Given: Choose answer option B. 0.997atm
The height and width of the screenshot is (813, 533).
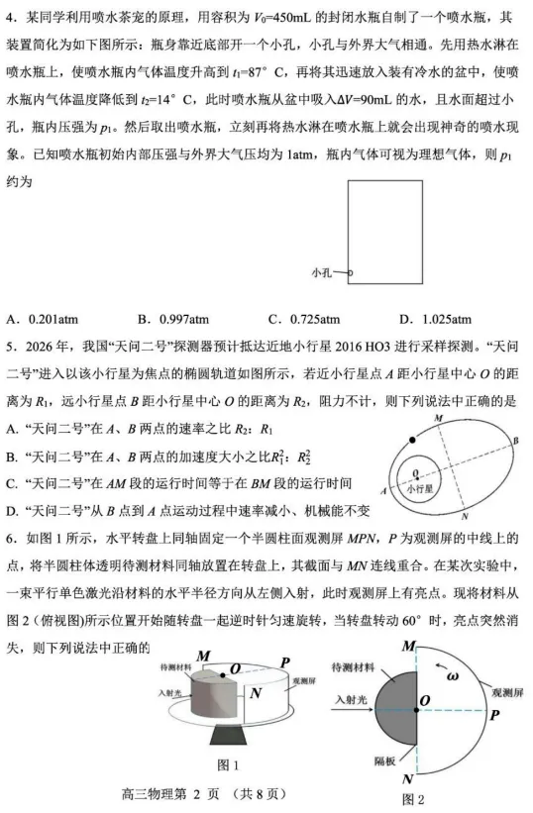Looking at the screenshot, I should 173,319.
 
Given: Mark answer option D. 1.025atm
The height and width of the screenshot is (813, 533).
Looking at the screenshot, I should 435,319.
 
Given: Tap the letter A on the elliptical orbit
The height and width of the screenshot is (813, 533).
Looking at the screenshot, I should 382,489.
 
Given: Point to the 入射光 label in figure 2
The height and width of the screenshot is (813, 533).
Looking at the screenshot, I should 351,698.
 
